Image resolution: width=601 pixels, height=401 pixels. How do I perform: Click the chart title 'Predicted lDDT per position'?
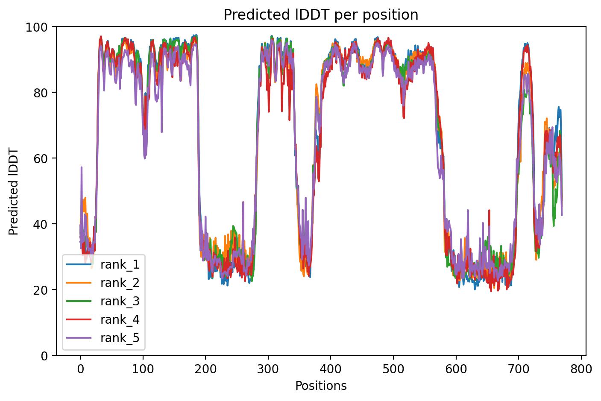321,15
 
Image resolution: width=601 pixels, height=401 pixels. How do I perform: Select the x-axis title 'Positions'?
321,386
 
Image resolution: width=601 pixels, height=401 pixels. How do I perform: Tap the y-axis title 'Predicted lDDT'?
14,191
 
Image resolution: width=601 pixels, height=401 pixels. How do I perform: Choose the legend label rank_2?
120,283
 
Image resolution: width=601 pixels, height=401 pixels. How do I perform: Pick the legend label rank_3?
120,301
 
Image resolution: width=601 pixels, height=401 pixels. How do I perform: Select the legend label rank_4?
120,320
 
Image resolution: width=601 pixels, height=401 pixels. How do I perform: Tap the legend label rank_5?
120,338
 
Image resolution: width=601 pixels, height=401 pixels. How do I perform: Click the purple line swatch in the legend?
79,338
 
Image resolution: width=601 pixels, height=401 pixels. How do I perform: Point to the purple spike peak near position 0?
81,167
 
